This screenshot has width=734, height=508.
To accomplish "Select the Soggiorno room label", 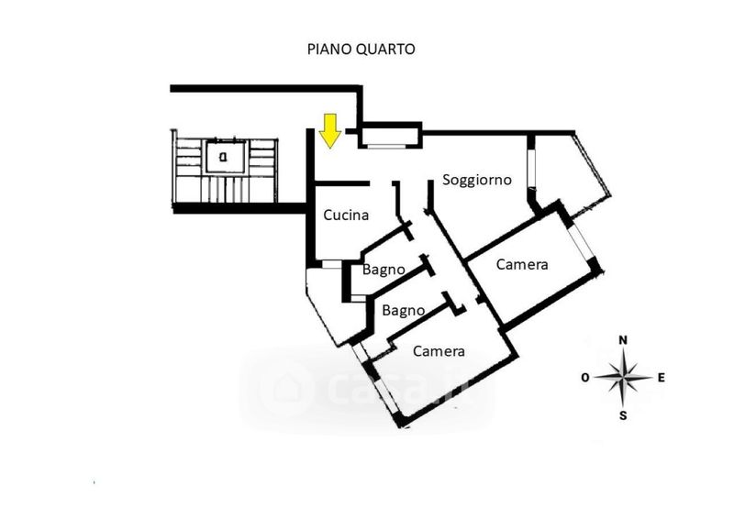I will coord(476,180).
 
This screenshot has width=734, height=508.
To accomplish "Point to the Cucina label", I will coord(346,216).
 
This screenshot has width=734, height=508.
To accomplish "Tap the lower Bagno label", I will coord(404,310).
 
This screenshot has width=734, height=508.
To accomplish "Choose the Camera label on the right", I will coord(522,265).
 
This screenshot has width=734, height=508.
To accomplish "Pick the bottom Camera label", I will coord(439,351).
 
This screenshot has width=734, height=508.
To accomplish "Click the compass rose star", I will coord(623,376).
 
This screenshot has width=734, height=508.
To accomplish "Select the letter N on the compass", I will coord(623,340).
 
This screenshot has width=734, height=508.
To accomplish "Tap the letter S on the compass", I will coord(623,415).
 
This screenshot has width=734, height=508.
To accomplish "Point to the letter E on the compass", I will coord(661,376).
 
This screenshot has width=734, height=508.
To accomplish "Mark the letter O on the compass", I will coord(585,377).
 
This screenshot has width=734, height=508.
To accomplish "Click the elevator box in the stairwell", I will coord(225,156).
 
